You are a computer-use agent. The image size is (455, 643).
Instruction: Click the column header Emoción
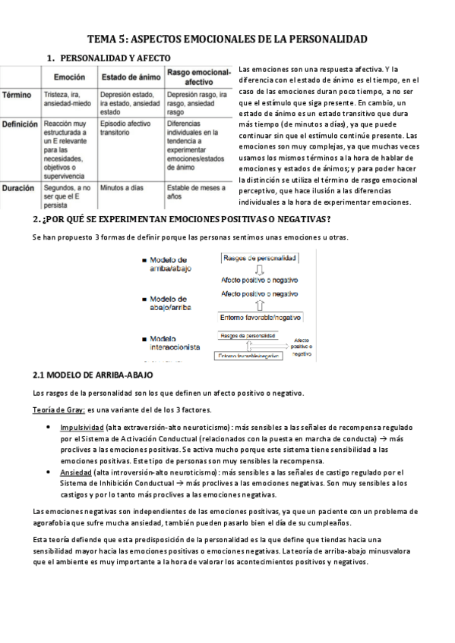point(69,77)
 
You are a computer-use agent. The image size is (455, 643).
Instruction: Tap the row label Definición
point(21,123)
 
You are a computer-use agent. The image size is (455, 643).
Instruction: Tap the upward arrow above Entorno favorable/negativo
point(260,306)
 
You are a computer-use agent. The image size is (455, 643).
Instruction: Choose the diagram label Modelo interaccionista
point(175,342)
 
